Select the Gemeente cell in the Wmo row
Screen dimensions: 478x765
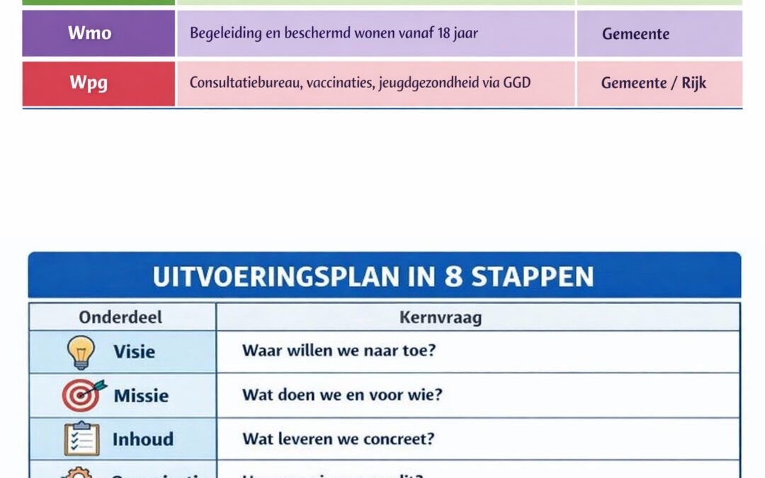coord(635,34)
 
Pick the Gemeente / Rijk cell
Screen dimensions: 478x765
coord(653,84)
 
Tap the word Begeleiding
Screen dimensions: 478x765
coord(222,33)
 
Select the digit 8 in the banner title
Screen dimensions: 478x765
coord(454,276)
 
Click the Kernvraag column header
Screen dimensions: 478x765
coord(441,317)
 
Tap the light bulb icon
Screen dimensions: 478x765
coord(80,352)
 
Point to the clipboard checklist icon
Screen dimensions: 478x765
coord(81,439)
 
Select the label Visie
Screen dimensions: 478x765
coord(134,351)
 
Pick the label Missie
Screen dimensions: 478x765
coord(141,395)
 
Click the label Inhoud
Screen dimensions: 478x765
coord(142,439)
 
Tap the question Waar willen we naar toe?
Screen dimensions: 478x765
coord(339,351)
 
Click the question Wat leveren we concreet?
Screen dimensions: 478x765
coord(338,439)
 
